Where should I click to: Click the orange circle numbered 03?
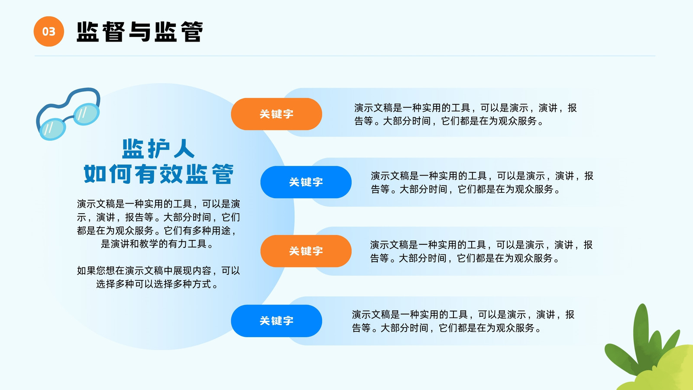point(49,31)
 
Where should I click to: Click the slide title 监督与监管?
point(139,32)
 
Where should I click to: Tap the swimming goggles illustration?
point(68,114)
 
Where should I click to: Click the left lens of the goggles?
point(52,129)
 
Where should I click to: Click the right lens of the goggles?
point(87,114)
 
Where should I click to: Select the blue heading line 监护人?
point(159,149)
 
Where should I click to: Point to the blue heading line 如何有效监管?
point(159,174)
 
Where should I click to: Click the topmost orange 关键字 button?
point(276,114)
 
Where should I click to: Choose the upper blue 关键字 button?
point(306,182)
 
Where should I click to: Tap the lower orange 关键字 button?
point(306,251)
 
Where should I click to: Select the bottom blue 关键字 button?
point(276,321)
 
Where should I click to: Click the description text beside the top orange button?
point(465,114)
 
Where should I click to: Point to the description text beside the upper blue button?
point(482,182)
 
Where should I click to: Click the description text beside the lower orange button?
point(481,251)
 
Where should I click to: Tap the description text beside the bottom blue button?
point(463,321)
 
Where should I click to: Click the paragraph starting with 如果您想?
point(159,277)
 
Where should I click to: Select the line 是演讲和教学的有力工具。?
point(158,244)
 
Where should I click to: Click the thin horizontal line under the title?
point(345,56)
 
